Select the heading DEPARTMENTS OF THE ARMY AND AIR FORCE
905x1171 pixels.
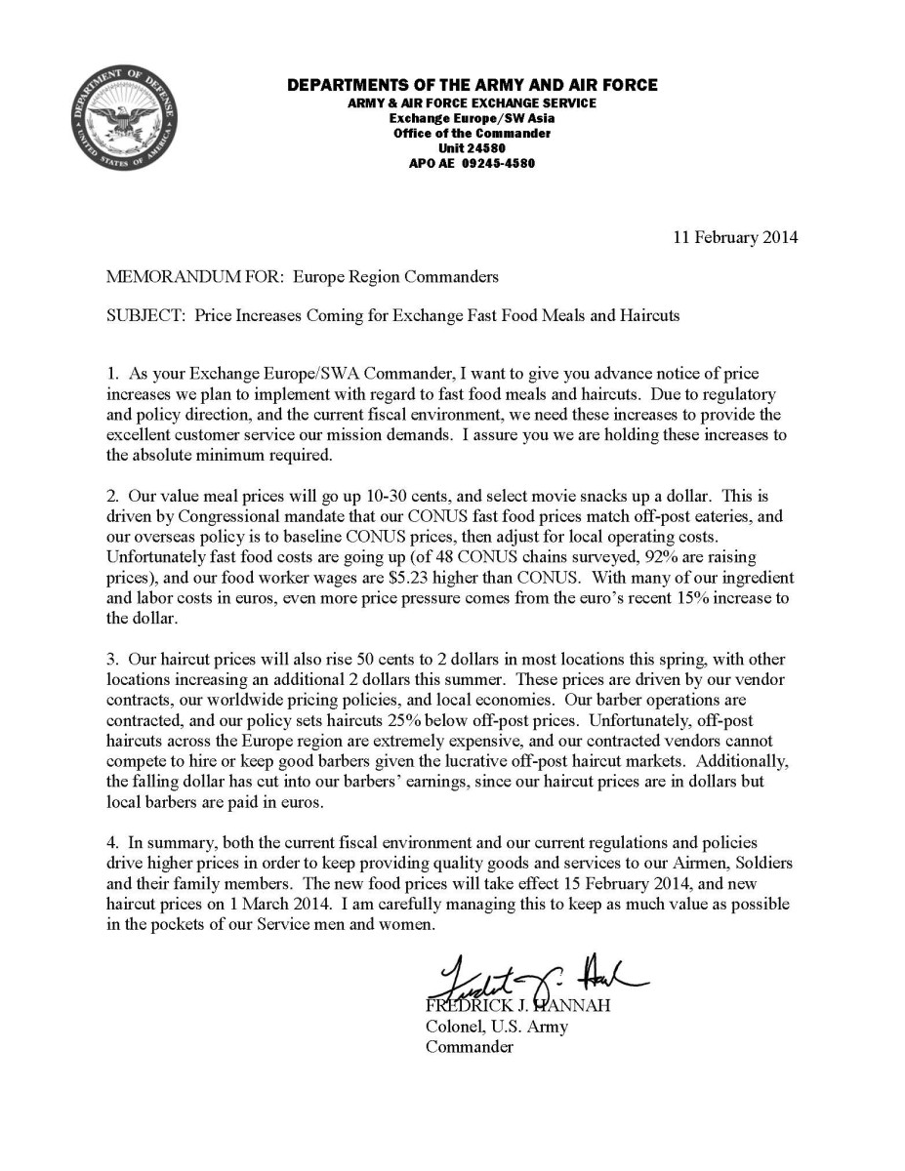coord(472,85)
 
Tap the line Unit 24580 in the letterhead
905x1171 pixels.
coord(472,148)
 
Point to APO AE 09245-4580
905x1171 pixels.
coord(472,163)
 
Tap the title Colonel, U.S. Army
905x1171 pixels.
coord(496,1027)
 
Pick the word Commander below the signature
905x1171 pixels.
coord(469,1047)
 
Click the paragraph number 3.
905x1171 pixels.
coord(112,660)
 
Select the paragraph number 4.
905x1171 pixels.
coord(112,841)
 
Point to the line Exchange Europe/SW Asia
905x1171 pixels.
coord(472,117)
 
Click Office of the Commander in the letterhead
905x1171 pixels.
coord(472,133)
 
